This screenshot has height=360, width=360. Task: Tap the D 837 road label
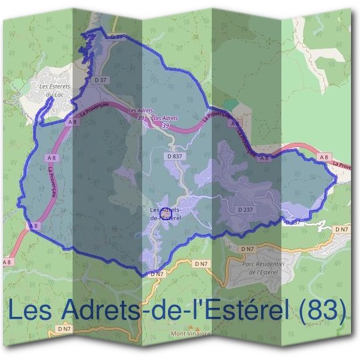(x=175, y=155)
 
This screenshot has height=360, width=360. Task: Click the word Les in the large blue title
(x=33, y=310)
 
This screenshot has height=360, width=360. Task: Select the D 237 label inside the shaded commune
(x=245, y=209)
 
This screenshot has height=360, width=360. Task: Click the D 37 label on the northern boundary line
(x=118, y=37)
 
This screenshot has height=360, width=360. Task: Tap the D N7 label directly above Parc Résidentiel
(x=247, y=248)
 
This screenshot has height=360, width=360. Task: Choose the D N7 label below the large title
(x=64, y=329)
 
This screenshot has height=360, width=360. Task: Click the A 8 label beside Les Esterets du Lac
(x=73, y=122)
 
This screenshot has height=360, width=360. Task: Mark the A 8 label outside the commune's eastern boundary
(x=325, y=157)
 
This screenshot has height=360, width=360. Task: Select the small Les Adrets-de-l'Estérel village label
(x=166, y=214)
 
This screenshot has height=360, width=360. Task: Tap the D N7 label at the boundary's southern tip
(x=157, y=274)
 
